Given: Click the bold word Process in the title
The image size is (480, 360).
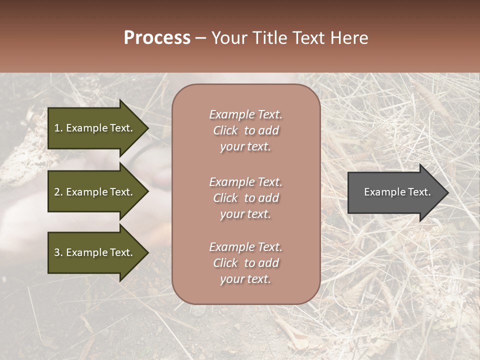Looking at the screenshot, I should [157, 38].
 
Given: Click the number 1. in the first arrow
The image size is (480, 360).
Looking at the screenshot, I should [58, 128].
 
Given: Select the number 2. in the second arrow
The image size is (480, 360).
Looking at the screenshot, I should [58, 192].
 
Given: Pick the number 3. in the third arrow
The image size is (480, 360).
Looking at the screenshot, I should [58, 252].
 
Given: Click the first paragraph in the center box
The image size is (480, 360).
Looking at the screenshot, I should [245, 130].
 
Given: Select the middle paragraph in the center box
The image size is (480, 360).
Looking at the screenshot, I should [245, 198].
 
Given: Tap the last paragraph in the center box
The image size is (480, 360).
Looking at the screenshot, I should [245, 263].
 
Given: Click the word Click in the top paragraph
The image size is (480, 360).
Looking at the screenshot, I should [225, 130].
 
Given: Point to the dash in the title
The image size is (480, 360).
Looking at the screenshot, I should [201, 38].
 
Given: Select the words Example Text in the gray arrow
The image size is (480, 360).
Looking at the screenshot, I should [397, 192].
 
